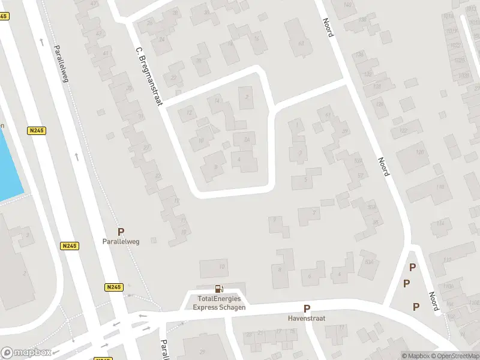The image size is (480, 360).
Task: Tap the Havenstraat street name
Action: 307,319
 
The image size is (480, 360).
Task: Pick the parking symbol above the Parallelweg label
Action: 121,232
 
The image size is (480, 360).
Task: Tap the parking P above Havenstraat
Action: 307,308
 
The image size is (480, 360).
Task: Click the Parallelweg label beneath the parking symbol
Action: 121,242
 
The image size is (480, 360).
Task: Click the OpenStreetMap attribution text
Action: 455,356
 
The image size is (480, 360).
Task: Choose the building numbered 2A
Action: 245,140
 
